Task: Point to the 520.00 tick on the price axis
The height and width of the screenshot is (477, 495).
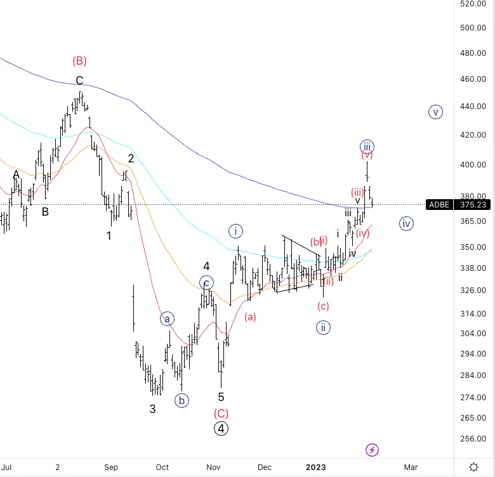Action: coord(473,4)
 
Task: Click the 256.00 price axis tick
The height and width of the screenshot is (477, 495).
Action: coord(473,439)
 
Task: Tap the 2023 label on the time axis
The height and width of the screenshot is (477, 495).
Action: coord(315,467)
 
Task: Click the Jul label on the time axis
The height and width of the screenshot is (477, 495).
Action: coord(7,467)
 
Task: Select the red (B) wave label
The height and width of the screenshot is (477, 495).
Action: coord(79,61)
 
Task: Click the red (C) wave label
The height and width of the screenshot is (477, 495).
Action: coord(221,413)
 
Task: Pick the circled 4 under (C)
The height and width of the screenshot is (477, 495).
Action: coord(221,428)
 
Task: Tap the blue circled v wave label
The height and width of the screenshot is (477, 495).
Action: coord(435,112)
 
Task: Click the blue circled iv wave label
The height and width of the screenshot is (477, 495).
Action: coord(407,223)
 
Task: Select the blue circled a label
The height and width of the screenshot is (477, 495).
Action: coord(167,318)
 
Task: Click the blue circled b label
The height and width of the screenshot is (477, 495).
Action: coord(182,400)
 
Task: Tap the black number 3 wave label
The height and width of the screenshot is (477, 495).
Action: coord(152,409)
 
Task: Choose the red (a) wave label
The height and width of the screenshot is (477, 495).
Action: coord(250,317)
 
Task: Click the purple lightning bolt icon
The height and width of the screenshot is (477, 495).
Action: coord(373,450)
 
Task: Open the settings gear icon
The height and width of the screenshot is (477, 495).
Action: coord(473,467)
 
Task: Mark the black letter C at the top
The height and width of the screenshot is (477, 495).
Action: coord(79,81)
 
